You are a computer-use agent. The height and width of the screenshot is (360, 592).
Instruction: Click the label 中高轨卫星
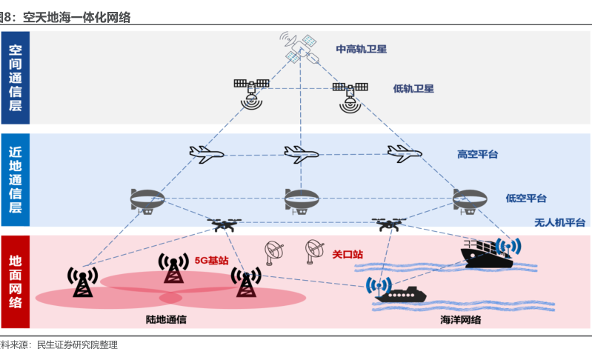coord(362,50)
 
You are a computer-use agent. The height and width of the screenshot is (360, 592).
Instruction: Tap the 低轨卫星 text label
coord(413,88)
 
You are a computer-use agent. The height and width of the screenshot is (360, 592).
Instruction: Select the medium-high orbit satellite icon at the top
coord(299,46)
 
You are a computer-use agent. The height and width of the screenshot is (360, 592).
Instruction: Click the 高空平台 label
coord(477,155)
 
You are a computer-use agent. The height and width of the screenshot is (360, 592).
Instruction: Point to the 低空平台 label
coord(526,199)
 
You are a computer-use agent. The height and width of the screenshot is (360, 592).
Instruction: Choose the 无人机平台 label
coord(560,222)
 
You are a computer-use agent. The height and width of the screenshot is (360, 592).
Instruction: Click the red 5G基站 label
coord(211,261)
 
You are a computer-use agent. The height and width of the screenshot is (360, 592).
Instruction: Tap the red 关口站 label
coord(347,255)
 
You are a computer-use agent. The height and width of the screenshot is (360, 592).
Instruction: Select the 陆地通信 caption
coord(166,319)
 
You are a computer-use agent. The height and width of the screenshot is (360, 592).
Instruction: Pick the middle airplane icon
coord(301,154)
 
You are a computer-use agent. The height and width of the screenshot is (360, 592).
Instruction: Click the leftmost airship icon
coord(147,199)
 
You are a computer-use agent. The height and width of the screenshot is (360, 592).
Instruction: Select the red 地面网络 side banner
coord(16,281)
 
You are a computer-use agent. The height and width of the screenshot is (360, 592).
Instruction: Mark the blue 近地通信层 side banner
coord(16,179)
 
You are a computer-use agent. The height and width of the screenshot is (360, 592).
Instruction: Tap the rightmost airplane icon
coord(404,153)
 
